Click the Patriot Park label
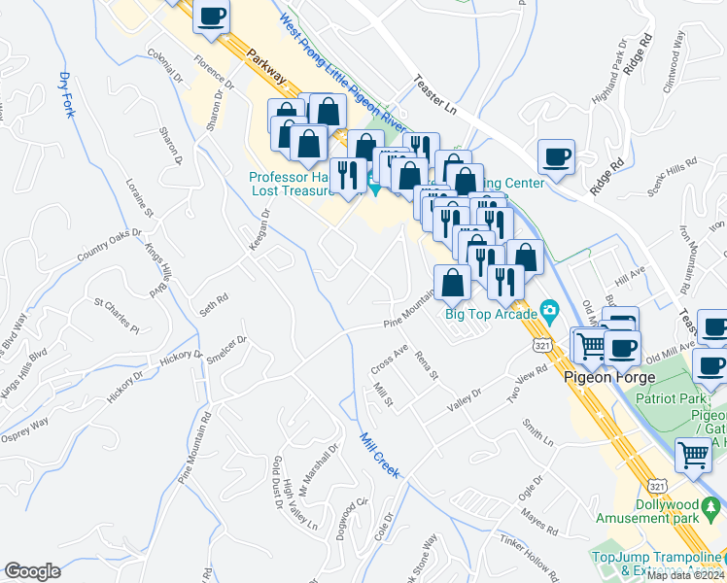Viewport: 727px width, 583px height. coord(671,398)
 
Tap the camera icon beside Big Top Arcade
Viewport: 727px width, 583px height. coord(550,313)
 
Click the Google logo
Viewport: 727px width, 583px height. coord(32,571)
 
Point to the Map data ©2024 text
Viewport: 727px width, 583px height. coord(686,575)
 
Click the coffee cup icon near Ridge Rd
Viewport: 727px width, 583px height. coord(556,157)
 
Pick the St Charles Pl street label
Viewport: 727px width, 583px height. coord(117,313)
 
